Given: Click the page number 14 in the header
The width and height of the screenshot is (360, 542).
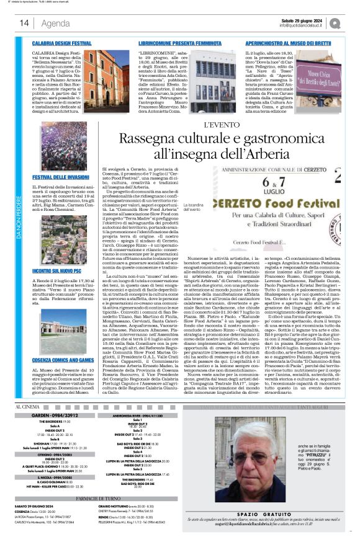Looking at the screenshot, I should [24, 23].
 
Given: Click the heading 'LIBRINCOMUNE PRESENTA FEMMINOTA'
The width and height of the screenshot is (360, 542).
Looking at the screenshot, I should [178, 44].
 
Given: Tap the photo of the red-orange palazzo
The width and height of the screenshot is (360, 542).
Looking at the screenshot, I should [98, 79].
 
